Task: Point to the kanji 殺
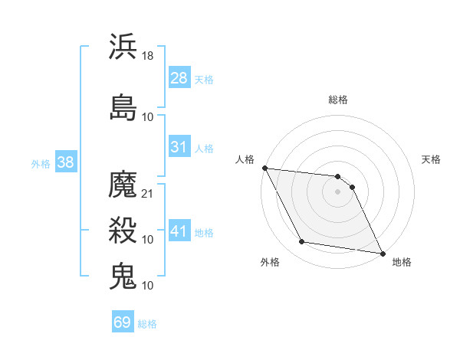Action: point(123,229)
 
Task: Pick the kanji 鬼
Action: point(123,275)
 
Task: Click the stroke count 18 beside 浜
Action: point(149,56)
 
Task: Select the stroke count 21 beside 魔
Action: point(149,194)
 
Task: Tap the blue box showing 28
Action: point(179,77)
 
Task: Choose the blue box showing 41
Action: point(179,231)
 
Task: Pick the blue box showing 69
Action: point(123,322)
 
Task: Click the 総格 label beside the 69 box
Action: point(147,324)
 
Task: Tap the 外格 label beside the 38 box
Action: point(41,163)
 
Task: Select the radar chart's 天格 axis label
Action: point(432,159)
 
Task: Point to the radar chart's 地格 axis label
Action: point(402,262)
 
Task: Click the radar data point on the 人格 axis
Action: point(264,168)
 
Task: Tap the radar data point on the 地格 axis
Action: point(382,253)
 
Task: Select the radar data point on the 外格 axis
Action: point(302,243)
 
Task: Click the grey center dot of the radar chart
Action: point(337,191)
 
